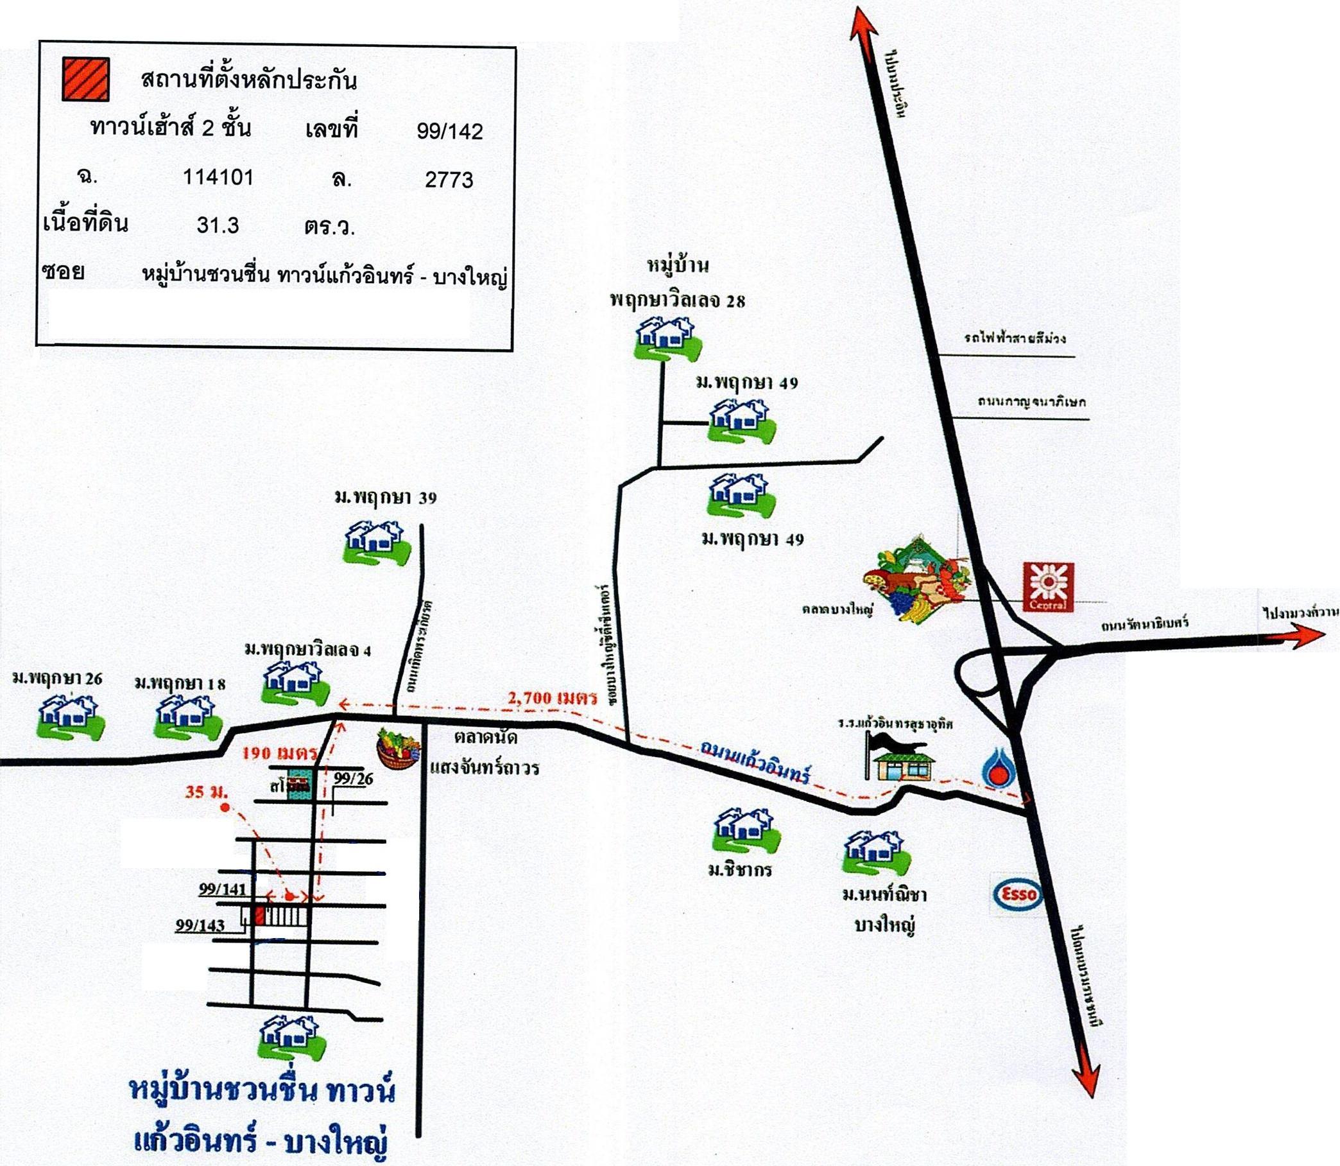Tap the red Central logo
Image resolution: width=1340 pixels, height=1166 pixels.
(1048, 587)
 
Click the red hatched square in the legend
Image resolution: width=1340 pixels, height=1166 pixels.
(85, 79)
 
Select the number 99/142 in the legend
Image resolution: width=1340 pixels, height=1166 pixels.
(449, 132)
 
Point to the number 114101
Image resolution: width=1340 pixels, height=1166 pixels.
(218, 177)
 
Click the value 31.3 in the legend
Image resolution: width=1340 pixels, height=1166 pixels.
(218, 225)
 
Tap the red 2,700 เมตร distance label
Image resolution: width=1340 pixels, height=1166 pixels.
(553, 698)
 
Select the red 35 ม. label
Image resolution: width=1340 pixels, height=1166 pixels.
(205, 792)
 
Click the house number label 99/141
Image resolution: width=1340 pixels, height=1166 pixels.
(222, 889)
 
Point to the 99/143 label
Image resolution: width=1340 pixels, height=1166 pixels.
(200, 925)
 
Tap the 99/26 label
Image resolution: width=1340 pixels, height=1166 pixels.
(353, 778)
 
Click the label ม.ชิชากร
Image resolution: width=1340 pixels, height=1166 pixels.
(739, 869)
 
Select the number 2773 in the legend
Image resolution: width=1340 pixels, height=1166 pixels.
(449, 180)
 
